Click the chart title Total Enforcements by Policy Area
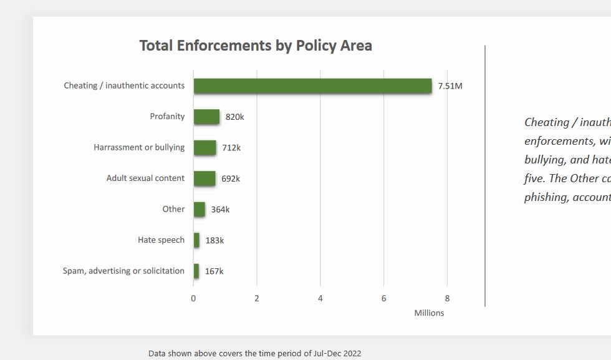[256, 46]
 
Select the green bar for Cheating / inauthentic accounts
[312, 86]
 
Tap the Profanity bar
[206, 117]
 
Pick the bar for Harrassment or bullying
[204, 148]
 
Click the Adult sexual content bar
[204, 178]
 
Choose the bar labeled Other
[199, 210]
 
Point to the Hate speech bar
[196, 240]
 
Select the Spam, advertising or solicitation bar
[196, 271]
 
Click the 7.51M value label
[450, 86]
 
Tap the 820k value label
[234, 117]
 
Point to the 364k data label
[220, 210]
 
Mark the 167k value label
[214, 271]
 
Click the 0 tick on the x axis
[193, 298]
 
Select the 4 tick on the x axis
[320, 298]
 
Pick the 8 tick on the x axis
[447, 298]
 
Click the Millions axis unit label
[429, 313]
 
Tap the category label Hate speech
[161, 240]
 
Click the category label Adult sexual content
[145, 178]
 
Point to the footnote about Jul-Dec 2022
[254, 353]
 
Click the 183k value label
[214, 240]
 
